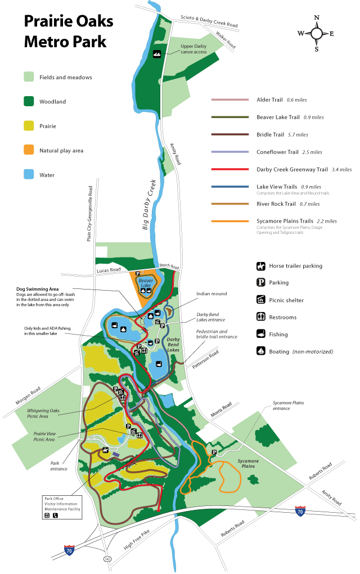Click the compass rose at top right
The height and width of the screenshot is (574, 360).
[x=317, y=33]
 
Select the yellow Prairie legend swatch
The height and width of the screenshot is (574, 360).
[x=29, y=126]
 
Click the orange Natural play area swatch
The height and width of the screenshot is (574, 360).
[x=29, y=151]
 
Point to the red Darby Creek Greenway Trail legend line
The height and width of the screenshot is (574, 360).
[x=230, y=169]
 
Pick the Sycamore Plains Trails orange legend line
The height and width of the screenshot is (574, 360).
[x=230, y=222]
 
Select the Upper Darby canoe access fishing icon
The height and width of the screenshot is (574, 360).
[x=157, y=54]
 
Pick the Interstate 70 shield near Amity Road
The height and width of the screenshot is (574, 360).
[x=300, y=512]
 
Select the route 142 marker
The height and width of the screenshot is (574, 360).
[x=107, y=559]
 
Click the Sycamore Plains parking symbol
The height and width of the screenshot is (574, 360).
[x=214, y=451]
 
